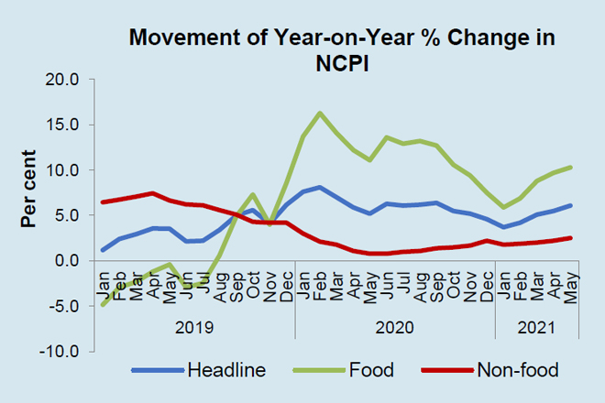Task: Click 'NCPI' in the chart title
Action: coord(343,63)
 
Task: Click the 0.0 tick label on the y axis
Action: coord(69,261)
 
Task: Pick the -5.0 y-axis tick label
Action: coord(67,306)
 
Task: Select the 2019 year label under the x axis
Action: coord(194,326)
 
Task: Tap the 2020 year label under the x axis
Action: coord(395,326)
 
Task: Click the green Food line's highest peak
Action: coord(319,113)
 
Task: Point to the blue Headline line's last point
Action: coord(570,205)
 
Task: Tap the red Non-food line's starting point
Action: coord(103,202)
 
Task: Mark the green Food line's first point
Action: coord(103,305)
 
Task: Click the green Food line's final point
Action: coord(570,168)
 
